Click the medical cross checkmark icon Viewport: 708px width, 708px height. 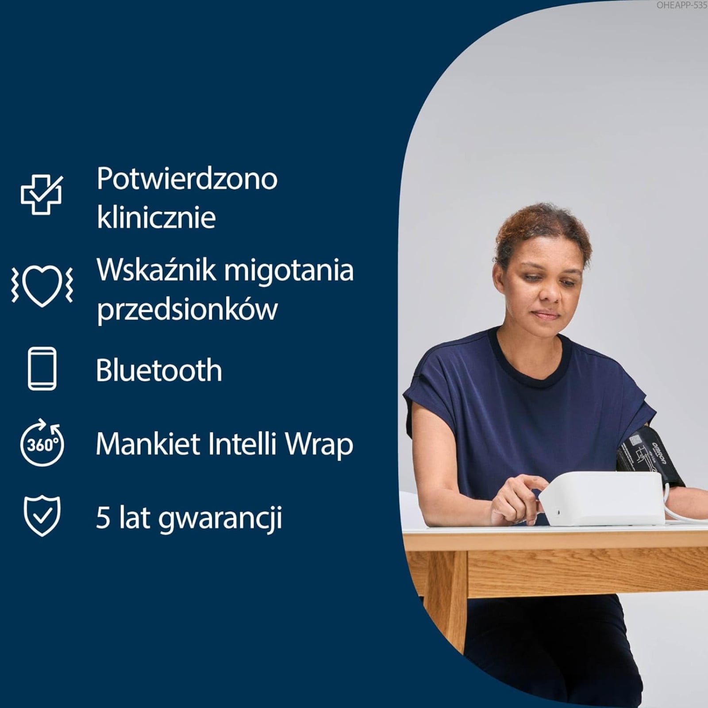coord(42,195)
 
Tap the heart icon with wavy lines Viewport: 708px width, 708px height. coord(42,285)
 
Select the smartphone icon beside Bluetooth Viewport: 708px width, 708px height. coord(42,369)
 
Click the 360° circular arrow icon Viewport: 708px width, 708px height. coord(42,442)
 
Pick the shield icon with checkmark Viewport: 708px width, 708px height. coord(42,516)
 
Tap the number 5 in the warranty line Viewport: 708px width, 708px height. coord(103,518)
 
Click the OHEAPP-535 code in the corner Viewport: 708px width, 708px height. coord(681,5)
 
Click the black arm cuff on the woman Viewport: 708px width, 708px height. coord(649,458)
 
